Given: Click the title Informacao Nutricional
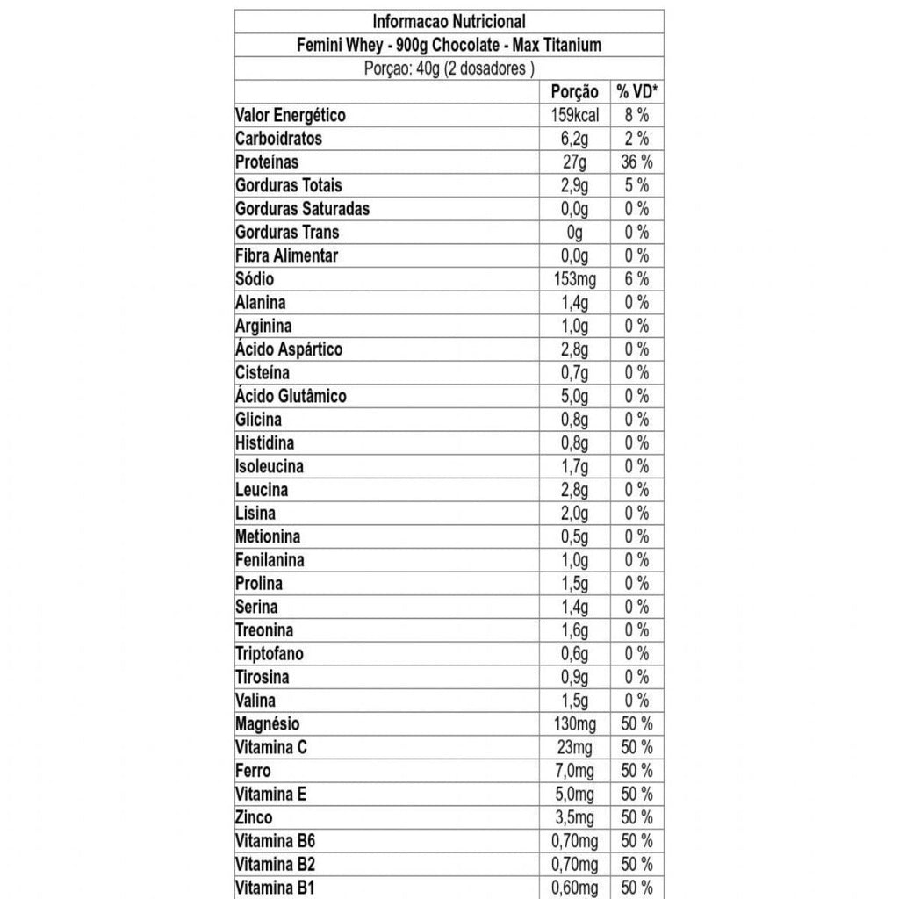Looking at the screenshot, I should pos(449,21).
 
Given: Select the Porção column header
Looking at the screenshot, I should pos(574,91).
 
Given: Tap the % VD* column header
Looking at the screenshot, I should pos(637,91).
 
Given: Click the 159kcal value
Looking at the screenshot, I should pos(574,115).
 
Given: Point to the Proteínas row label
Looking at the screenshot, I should pos(267,162).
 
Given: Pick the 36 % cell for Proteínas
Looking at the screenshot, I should pos(637,162).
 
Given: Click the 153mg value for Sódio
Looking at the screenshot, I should pos(574,279).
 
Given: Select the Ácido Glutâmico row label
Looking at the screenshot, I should pos(291,396).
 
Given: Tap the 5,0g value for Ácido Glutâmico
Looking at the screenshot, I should pos(574,396).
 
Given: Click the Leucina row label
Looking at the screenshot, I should pos(262,490).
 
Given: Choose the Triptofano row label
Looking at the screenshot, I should pos(269,653).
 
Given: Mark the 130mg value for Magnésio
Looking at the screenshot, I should pos(574,723).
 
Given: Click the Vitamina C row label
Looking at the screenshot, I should pos(270,747).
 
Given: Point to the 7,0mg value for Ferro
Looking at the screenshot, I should pos(574,771).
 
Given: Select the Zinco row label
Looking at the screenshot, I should pos(254,817).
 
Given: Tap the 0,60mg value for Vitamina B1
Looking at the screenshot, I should pos(574,888).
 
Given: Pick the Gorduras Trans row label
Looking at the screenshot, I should pos(287,232).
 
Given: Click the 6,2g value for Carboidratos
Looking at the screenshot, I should pos(574,139).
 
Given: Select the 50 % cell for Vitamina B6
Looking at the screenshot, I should pos(637,841).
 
